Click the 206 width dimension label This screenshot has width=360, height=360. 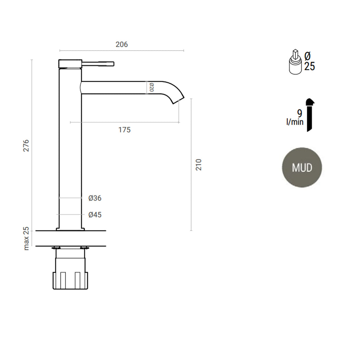click(122, 44)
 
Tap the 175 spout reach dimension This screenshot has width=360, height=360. click(124, 130)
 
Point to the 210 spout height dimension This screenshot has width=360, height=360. click(198, 165)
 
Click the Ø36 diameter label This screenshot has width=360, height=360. click(95, 198)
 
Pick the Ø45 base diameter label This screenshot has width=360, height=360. click(95, 214)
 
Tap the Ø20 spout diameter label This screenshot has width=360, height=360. click(151, 88)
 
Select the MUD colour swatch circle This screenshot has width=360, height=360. click(302, 167)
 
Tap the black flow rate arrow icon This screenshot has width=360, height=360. click(310, 115)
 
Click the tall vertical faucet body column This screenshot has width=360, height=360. click(70, 148)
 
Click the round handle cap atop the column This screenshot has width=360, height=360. click(70, 64)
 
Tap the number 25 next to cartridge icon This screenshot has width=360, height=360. click(309, 66)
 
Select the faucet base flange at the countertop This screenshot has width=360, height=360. click(70, 229)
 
